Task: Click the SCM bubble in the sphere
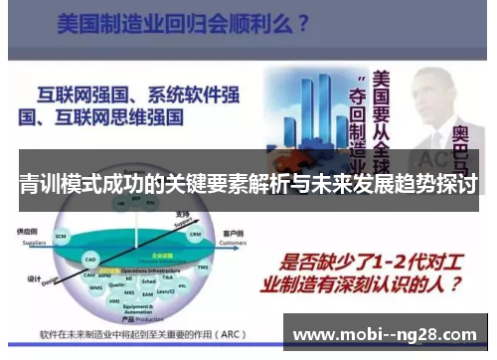click(61, 236)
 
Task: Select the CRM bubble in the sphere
click(196, 235)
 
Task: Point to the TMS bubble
click(204, 268)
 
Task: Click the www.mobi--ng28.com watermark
click(388, 331)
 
